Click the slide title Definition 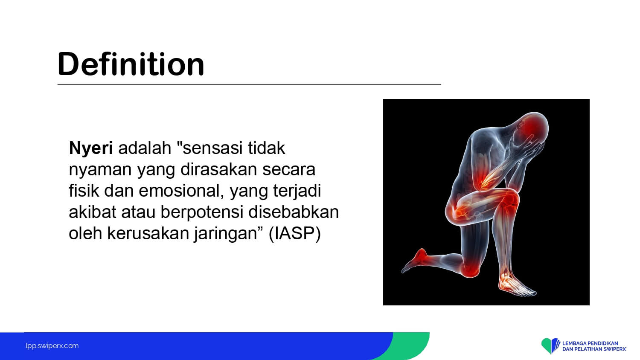click(131, 64)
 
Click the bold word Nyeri click(91, 148)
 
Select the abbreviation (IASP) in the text click(295, 233)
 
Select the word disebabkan click(294, 212)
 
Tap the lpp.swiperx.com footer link click(52, 346)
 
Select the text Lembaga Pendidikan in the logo click(590, 343)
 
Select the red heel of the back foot click(420, 255)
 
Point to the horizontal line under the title click(249, 84)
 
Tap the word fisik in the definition click(84, 191)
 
